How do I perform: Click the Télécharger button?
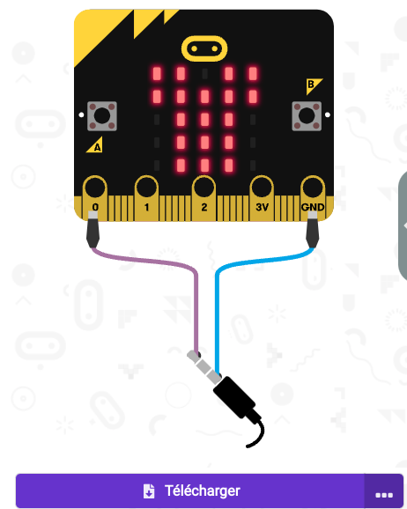click(190, 491)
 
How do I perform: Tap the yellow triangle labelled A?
click(95, 145)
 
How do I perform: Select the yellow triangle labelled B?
click(313, 85)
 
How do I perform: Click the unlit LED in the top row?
click(204, 74)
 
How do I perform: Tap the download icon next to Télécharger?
click(149, 491)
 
